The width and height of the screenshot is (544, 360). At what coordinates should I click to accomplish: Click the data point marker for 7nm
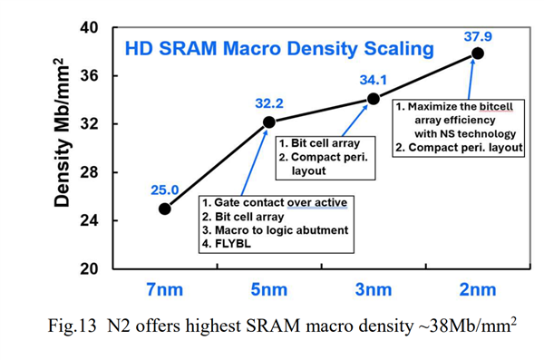[x=164, y=209]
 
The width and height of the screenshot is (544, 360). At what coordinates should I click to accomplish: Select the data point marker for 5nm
[x=268, y=122]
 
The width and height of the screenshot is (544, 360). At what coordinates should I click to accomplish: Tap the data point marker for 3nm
[x=373, y=98]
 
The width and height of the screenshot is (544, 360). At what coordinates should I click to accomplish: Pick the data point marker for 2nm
[x=478, y=53]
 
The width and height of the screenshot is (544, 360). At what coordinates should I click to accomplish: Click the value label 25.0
[x=164, y=190]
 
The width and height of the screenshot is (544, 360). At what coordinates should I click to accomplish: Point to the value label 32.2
[x=268, y=103]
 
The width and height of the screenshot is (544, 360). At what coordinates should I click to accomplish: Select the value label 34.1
[x=374, y=80]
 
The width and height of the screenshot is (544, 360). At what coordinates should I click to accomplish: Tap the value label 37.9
[x=478, y=35]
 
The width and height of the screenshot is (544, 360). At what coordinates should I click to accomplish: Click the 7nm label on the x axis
[x=166, y=290]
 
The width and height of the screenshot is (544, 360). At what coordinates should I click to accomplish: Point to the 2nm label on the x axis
[x=478, y=290]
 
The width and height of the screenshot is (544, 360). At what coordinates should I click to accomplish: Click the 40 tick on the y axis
[x=89, y=28]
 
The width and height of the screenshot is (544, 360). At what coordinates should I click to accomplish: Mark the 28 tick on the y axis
[x=89, y=172]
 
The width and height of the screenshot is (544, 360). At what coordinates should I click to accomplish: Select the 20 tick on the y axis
[x=89, y=269]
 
